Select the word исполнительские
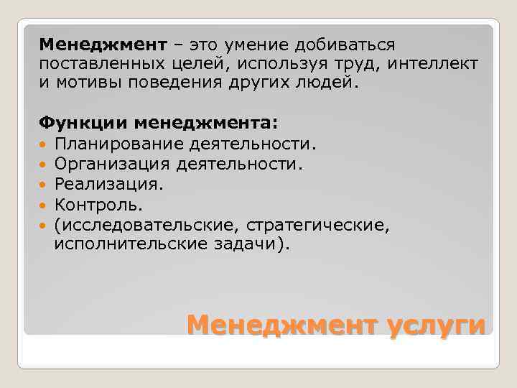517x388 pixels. coord(131,244)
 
